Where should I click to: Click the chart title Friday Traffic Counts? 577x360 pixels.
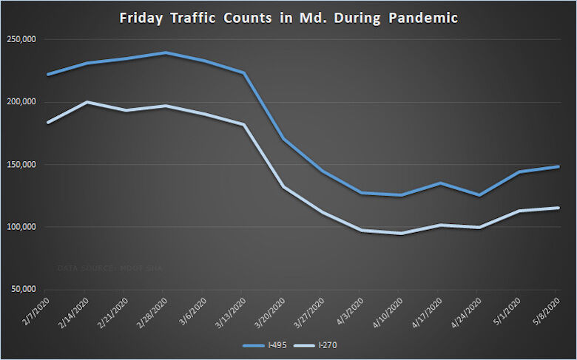point(288,17)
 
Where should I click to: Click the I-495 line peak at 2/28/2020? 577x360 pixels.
point(166,52)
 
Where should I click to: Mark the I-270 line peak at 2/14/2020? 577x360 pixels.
point(87,102)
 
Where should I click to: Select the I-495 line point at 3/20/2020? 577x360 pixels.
point(283,139)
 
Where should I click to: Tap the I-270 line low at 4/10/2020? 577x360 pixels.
point(402,233)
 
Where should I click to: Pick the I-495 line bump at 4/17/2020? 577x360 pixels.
point(441,183)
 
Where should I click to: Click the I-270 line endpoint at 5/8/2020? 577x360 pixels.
point(558,208)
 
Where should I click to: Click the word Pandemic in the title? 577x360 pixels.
point(422,17)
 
